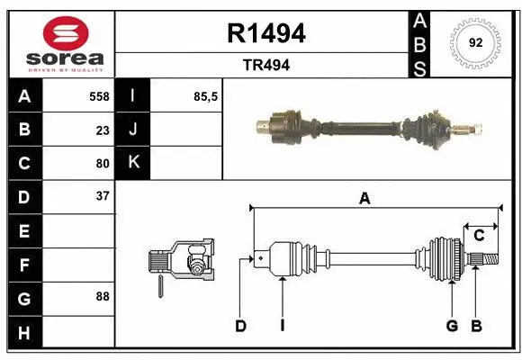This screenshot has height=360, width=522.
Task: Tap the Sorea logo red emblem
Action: point(59,34)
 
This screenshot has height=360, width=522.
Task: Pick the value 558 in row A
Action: point(98,96)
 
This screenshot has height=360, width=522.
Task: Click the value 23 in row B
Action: point(102,130)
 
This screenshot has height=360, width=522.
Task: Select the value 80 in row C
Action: point(102,163)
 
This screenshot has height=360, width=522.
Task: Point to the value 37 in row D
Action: point(102,196)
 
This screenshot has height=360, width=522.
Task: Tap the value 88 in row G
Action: point(102,296)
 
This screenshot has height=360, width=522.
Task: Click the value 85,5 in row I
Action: point(206,96)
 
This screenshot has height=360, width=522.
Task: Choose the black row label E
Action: point(24,230)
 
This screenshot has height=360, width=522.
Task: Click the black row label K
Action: point(134,163)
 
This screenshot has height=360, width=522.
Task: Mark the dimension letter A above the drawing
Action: point(364,199)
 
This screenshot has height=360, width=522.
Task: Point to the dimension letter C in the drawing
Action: point(479,236)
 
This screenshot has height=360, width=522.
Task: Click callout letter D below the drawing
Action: point(240,326)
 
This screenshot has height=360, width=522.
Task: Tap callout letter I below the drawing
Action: point(282,326)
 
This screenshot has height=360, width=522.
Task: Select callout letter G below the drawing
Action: point(452,326)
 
